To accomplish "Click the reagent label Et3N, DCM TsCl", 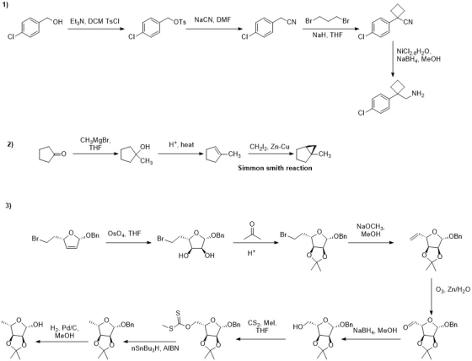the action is tap(94, 22).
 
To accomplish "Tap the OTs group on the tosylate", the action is tap(180, 22).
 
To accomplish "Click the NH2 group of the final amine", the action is tap(418, 94).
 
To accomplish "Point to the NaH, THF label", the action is tap(328, 35).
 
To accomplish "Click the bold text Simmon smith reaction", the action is tap(275, 168).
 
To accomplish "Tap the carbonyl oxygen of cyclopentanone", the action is tap(63, 154).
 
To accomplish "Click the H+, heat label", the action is tap(181, 144).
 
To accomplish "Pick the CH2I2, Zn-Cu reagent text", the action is tap(270, 147).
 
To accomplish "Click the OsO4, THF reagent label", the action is tap(123, 234).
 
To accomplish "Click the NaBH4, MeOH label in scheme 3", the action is tap(375, 331).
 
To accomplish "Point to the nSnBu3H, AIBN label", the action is tap(155, 348).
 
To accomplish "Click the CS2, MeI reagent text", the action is tap(262, 327).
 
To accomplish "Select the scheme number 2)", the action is tap(10, 144).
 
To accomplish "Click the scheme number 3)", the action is tap(8, 206).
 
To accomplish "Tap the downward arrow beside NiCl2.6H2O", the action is tap(393, 59).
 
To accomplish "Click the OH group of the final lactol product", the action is tap(37, 325).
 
